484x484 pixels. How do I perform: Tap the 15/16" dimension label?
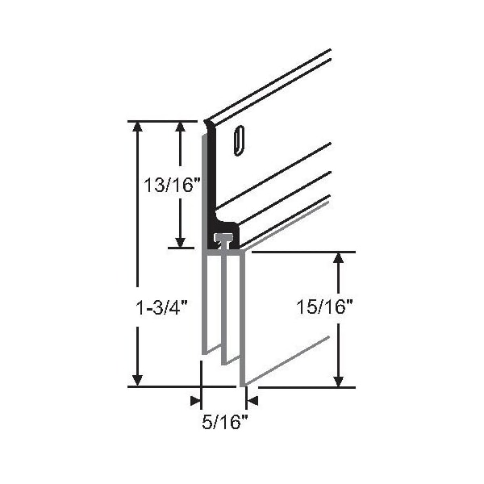point(324,307)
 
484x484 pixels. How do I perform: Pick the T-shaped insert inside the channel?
point(224,239)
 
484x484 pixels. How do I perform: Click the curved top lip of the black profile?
point(209,125)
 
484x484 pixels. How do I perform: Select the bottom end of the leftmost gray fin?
point(204,353)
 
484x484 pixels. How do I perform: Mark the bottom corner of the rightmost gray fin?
point(242,385)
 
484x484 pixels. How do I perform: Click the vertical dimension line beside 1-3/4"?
point(139,218)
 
